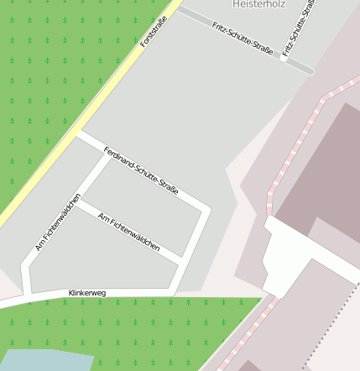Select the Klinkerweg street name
[x=87, y=293]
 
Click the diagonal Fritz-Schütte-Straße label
[x=243, y=39]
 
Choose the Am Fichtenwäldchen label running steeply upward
[x=58, y=222]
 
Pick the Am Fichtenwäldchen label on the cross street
[x=128, y=233]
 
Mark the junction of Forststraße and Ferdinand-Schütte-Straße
[x=78, y=132]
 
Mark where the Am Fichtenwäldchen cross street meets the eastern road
[x=182, y=258]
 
